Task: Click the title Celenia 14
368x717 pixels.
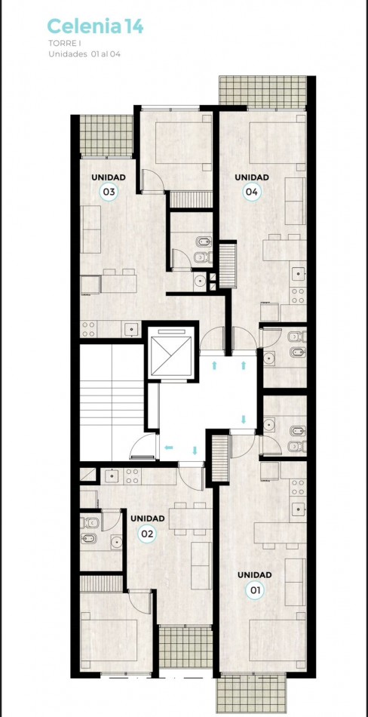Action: pos(95,27)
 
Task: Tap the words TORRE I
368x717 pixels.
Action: pos(63,45)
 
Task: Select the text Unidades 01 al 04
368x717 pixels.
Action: pos(84,54)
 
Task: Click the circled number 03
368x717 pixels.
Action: pos(109,191)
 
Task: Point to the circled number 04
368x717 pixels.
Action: pos(251,191)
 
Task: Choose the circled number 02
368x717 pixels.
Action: pos(148,533)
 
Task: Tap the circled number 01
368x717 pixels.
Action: pos(254,589)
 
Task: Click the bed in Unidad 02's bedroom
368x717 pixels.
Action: pos(113,641)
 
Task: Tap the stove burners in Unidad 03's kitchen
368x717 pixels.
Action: pos(89,329)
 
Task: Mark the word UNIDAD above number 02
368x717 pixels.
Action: pos(148,519)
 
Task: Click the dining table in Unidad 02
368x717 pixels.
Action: pos(189,519)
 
